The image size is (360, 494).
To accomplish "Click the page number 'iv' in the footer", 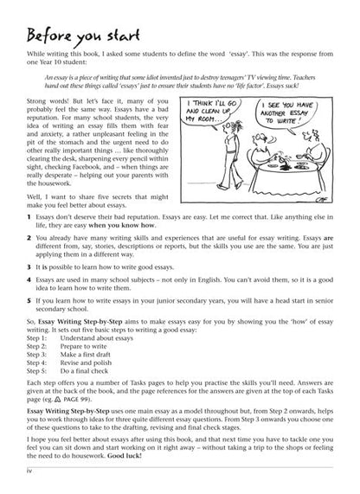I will [17, 484].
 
